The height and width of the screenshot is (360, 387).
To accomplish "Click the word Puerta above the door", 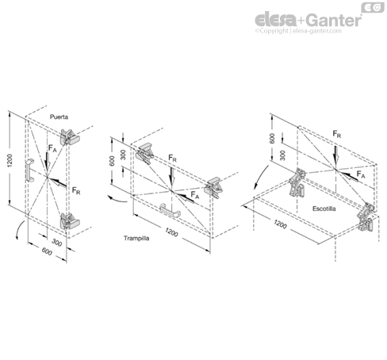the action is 59,117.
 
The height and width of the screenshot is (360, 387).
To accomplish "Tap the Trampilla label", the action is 136,238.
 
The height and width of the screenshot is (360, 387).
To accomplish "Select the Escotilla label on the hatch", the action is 324,209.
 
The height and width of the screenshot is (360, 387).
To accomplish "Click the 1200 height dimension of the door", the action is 10,160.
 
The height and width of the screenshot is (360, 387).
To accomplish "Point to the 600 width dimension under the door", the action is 47,251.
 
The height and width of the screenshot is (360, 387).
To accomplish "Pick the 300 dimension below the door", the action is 56,242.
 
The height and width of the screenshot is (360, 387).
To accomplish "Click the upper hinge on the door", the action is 69,137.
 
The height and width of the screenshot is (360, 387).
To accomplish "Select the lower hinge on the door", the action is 69,221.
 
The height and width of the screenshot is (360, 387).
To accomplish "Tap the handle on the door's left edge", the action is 30,170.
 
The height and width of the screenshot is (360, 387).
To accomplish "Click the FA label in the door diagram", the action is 52,148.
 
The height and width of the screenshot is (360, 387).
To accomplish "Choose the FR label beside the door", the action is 76,190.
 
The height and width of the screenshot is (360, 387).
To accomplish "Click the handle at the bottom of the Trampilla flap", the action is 171,210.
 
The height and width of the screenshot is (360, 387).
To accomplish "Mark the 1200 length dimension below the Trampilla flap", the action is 171,232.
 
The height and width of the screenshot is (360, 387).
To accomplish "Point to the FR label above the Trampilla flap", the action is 172,159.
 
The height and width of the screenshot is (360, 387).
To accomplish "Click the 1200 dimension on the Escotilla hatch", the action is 280,224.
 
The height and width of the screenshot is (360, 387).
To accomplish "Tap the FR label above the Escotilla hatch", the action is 337,134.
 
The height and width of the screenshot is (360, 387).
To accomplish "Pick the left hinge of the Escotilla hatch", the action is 297,182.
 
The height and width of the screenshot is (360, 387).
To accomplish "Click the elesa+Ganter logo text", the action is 308,20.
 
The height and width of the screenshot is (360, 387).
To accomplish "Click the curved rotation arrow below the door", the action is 19,229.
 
